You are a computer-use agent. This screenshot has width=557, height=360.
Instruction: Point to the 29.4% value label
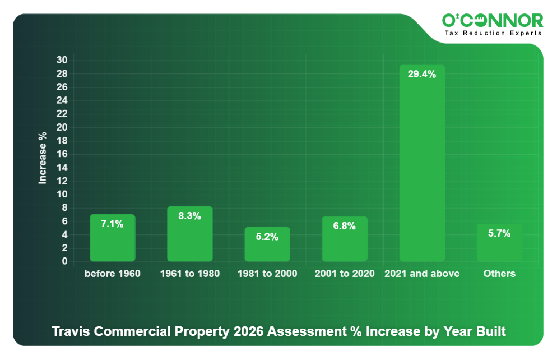pyautogui.click(x=422, y=75)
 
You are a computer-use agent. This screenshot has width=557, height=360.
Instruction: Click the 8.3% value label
pyautogui.click(x=189, y=216)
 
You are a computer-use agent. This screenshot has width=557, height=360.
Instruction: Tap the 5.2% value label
pyautogui.click(x=267, y=237)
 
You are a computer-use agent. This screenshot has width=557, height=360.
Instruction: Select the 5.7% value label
pyautogui.click(x=499, y=234)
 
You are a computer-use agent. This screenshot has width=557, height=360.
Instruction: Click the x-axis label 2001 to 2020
pyautogui.click(x=345, y=274)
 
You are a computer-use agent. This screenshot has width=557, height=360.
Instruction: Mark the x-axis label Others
pyautogui.click(x=499, y=274)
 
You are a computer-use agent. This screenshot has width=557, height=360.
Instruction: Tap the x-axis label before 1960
pyautogui.click(x=112, y=274)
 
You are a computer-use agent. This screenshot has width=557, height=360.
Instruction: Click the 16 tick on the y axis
pyautogui.click(x=62, y=154)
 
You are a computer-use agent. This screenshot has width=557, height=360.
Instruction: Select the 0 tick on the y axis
pyautogui.click(x=65, y=261)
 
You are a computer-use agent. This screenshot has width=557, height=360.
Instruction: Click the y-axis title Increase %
pyautogui.click(x=43, y=159)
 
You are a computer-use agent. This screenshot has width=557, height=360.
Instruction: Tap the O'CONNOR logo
pyautogui.click(x=493, y=21)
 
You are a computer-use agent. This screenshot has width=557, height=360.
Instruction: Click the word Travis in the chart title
pyautogui.click(x=71, y=331)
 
